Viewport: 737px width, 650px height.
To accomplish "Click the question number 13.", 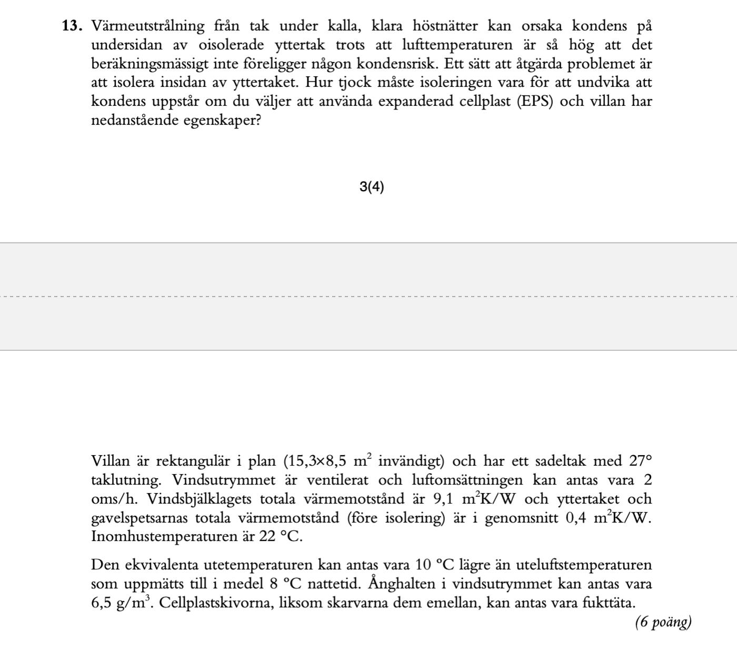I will click(73, 26).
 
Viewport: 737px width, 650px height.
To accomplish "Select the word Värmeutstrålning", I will click(148, 26).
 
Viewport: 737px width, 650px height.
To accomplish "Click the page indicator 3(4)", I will click(372, 187).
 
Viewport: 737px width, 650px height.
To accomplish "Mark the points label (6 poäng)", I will click(663, 623).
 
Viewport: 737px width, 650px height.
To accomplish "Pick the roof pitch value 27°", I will click(641, 461).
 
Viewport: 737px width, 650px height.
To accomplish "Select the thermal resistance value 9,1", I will click(443, 499).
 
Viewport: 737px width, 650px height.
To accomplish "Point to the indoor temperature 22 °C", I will click(280, 537).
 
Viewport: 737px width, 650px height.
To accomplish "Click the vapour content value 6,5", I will click(102, 603).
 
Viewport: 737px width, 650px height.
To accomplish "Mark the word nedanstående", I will click(135, 121).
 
